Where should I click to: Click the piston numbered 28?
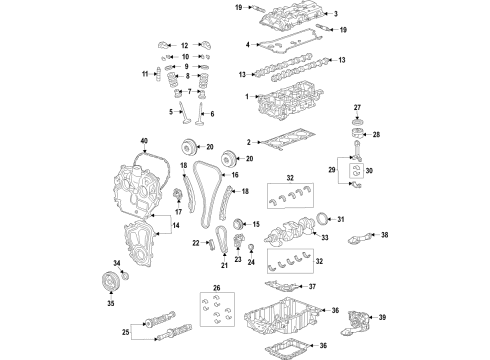[x=355, y=135]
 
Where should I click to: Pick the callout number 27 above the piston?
[x=356, y=106]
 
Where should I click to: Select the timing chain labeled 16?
[x=206, y=195]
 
